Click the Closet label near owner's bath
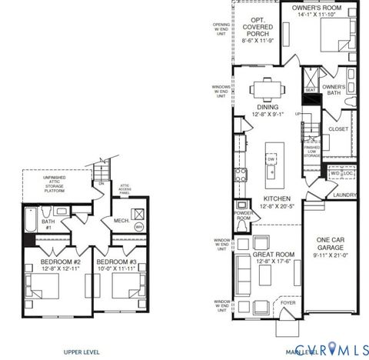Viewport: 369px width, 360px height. pos(337,129)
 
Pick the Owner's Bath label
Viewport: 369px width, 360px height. pos(333,91)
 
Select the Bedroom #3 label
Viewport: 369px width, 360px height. pos(116,265)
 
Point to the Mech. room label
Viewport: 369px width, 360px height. pos(121,219)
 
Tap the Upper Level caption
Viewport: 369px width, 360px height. pos(81,352)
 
